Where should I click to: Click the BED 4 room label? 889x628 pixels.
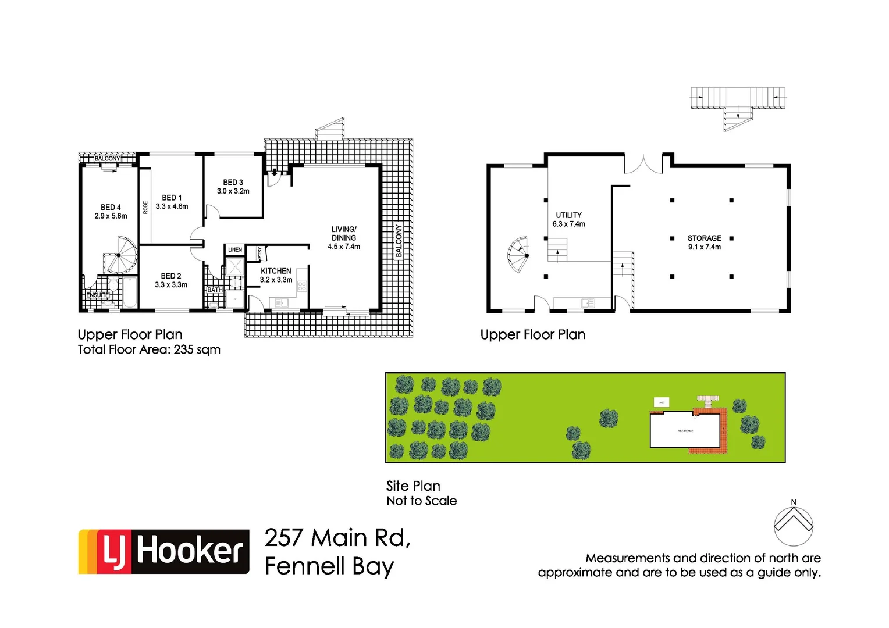point(111,208)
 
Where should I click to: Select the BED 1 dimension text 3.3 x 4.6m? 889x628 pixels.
point(172,206)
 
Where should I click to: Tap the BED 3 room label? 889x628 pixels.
point(233,183)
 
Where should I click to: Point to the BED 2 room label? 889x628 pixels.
point(171,276)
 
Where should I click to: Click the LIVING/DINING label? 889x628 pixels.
point(344,233)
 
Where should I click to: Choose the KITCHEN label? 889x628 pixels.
point(276,271)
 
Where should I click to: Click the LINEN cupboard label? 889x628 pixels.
point(235,250)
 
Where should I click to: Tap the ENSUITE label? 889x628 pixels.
point(98,295)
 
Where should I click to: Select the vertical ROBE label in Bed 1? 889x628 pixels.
point(145,207)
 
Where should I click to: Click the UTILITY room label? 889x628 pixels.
point(568,215)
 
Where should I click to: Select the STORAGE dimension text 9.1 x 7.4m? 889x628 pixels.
point(704,247)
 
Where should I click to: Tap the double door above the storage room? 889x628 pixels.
point(643,165)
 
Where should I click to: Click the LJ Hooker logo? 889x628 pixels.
point(164,551)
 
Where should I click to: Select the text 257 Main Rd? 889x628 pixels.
point(337,538)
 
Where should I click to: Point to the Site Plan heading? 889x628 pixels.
point(413,486)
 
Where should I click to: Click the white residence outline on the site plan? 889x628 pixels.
point(685,431)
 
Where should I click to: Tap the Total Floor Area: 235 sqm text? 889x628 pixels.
point(149,349)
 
